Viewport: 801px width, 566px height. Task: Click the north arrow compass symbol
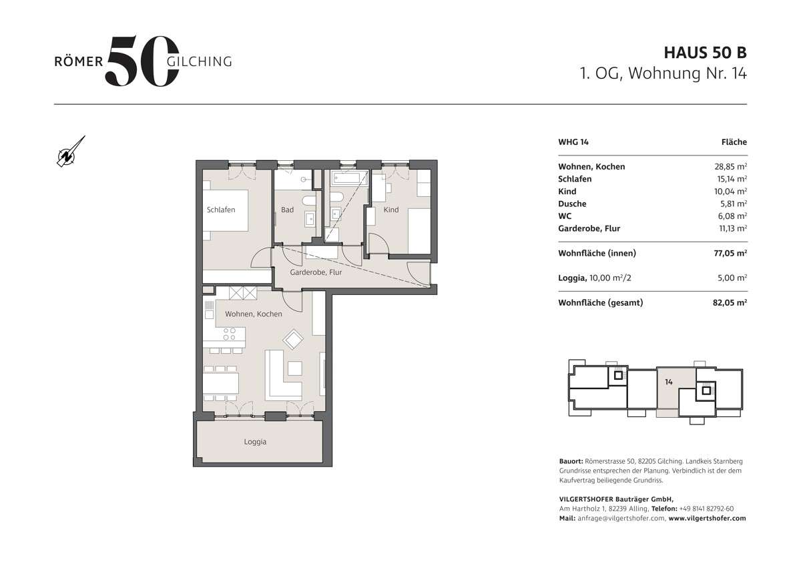[69, 152]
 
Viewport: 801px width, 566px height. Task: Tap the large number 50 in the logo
[142, 61]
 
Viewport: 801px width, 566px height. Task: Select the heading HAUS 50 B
[705, 52]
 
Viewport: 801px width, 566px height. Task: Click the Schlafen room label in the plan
[221, 210]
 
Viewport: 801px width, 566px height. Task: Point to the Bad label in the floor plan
[287, 210]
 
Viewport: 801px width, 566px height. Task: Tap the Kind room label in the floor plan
[391, 210]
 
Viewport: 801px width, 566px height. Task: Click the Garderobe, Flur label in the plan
[315, 273]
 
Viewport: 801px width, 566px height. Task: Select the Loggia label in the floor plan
[255, 442]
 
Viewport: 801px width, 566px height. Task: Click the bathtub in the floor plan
[349, 180]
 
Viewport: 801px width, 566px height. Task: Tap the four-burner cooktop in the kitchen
[229, 334]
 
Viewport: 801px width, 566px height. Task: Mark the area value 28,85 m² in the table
[730, 167]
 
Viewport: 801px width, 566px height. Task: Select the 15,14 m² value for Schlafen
[730, 179]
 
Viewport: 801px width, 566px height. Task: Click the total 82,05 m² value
[730, 302]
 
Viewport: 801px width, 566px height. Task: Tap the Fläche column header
[734, 142]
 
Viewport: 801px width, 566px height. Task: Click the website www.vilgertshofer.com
[707, 518]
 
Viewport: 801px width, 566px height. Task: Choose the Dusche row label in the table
[572, 204]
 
